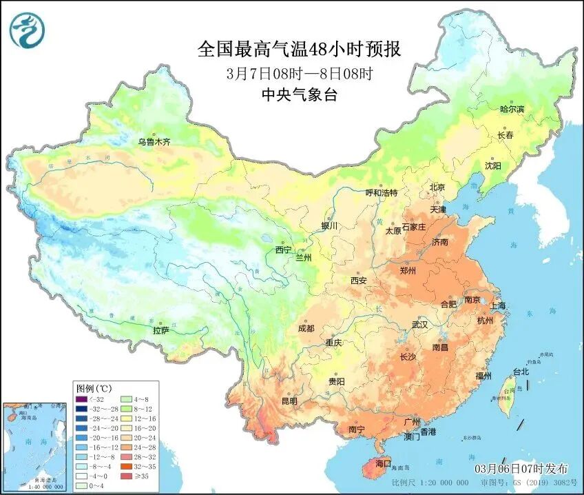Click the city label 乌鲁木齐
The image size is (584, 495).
[x=153, y=142]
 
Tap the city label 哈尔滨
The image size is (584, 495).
[x=512, y=110]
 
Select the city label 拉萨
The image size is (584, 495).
[x=160, y=330]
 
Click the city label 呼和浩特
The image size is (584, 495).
[x=381, y=193]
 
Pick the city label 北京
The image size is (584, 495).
[x=437, y=188]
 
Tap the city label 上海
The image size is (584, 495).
[x=498, y=305]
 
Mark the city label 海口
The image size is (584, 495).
[x=382, y=463]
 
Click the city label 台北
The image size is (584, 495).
[x=520, y=372]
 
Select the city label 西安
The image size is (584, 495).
[x=358, y=281]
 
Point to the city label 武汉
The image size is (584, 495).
[x=419, y=324]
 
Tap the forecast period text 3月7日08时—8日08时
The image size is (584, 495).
[x=299, y=73]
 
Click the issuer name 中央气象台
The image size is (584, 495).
[x=299, y=95]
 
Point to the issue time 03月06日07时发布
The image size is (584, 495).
[x=521, y=469]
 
